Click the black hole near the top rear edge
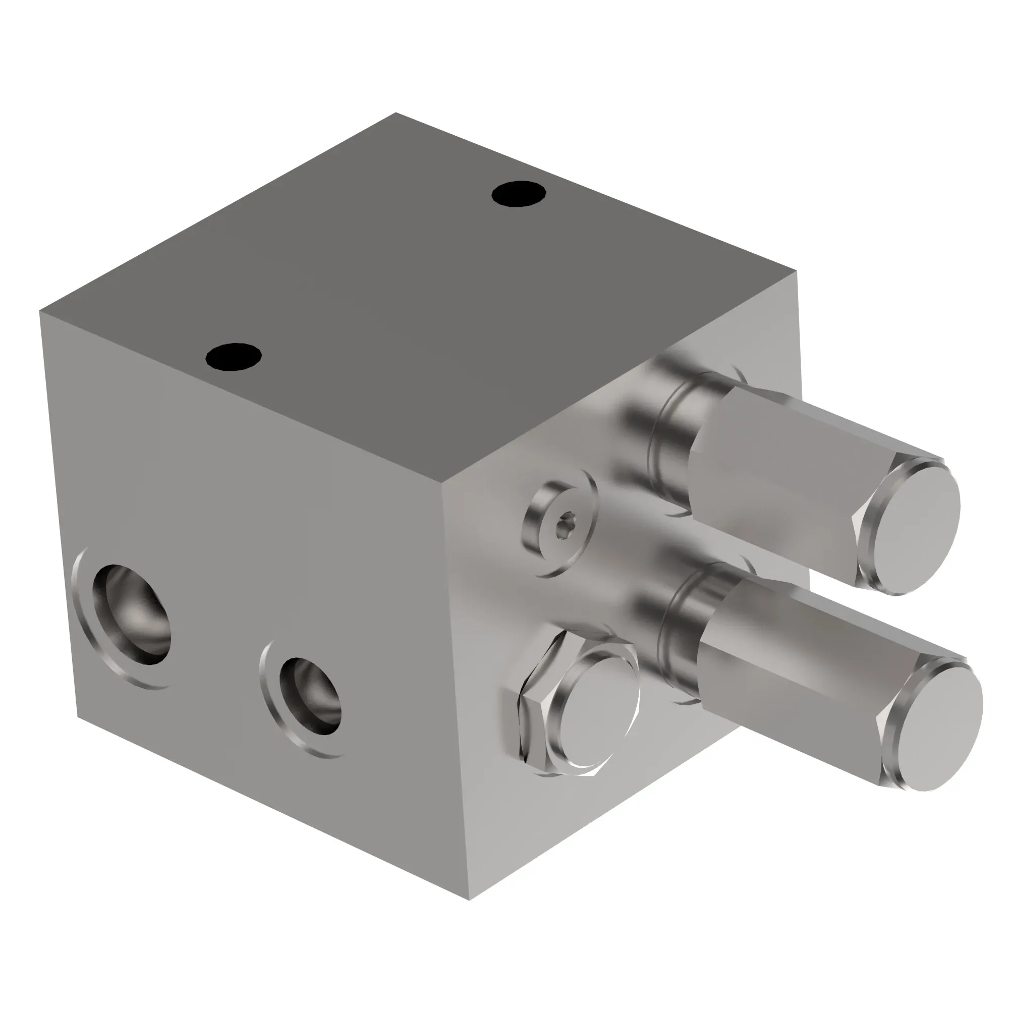pos(519,194)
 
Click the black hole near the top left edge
pos(234,356)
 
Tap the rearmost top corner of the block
pos(396,113)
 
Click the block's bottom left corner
pos(78,716)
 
